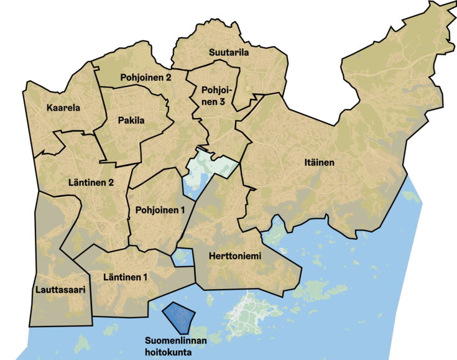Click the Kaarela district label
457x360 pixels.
pyautogui.click(x=63, y=108)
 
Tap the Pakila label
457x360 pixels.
pyautogui.click(x=129, y=121)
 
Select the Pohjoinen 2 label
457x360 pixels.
pyautogui.click(x=145, y=78)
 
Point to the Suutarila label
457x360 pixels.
pyautogui.click(x=229, y=53)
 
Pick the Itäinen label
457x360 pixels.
pyautogui.click(x=320, y=163)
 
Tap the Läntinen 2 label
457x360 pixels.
pyautogui.click(x=91, y=183)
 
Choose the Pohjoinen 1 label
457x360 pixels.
pyautogui.click(x=160, y=210)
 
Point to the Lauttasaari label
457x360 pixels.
pyautogui.click(x=60, y=290)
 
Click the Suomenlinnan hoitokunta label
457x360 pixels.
pyautogui.click(x=175, y=346)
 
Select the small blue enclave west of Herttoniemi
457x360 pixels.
pyautogui.click(x=183, y=257)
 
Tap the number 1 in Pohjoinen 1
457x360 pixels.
pyautogui.click(x=183, y=210)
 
